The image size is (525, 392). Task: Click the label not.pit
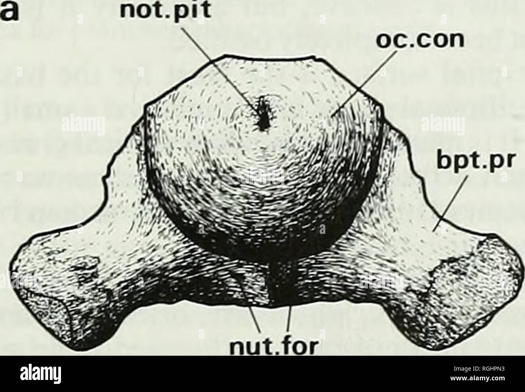(165, 11)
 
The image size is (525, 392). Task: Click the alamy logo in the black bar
(41, 376)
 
